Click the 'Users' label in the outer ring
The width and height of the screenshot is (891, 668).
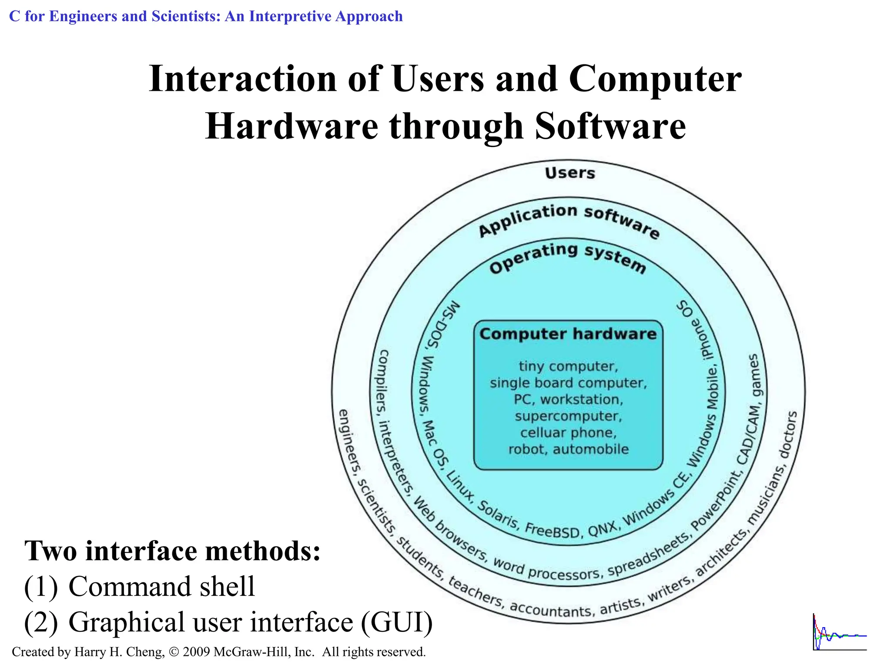[569, 173]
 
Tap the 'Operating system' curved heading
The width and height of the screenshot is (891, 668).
[568, 258]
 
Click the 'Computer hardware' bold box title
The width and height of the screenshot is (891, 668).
[568, 334]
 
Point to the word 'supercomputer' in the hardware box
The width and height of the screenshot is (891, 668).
[569, 416]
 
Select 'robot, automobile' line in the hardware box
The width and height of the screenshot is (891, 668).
[569, 449]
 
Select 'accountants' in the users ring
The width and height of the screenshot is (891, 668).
[551, 609]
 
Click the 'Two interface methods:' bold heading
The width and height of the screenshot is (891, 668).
[173, 551]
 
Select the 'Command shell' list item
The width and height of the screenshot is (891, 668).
[161, 587]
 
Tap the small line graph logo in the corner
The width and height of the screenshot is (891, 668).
[839, 632]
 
